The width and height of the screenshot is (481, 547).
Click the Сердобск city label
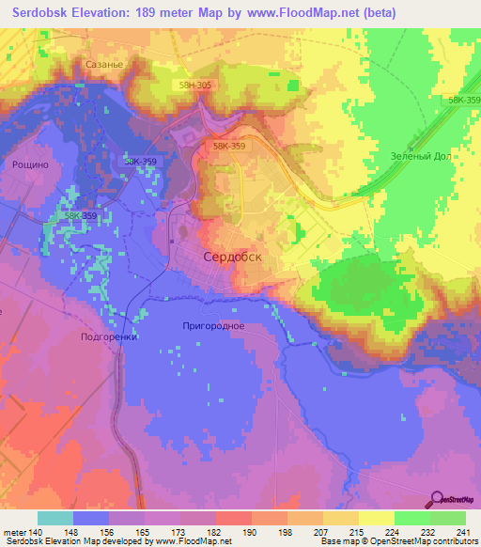[231, 256]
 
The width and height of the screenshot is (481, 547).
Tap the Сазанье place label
[104, 66]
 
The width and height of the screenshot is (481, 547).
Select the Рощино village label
[30, 164]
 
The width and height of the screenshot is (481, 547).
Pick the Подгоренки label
[110, 336]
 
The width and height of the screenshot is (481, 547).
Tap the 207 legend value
[321, 531]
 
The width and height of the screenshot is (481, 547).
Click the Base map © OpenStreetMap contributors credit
[396, 542]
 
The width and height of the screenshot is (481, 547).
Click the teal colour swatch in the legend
[55, 518]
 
